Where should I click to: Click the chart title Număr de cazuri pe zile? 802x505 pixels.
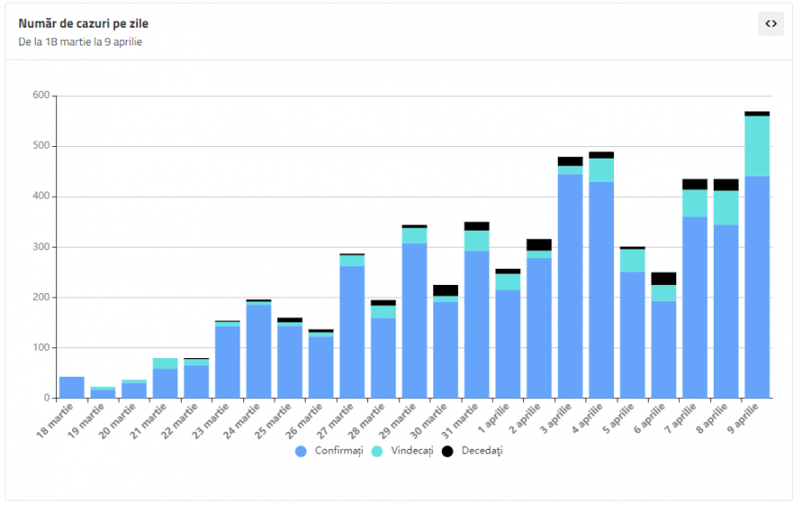(84, 23)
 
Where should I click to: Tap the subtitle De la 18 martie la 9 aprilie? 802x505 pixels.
(80, 42)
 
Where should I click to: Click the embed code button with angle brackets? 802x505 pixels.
(771, 24)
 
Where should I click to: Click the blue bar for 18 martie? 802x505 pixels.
(72, 387)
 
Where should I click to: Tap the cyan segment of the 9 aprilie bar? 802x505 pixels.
(757, 146)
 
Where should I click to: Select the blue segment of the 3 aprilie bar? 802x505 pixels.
(570, 285)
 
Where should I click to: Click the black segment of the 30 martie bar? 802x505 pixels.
(446, 290)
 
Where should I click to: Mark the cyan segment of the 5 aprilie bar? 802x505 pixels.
(633, 260)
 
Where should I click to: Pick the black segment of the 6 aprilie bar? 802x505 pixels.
(664, 279)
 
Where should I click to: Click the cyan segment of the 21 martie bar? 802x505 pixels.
(165, 363)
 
